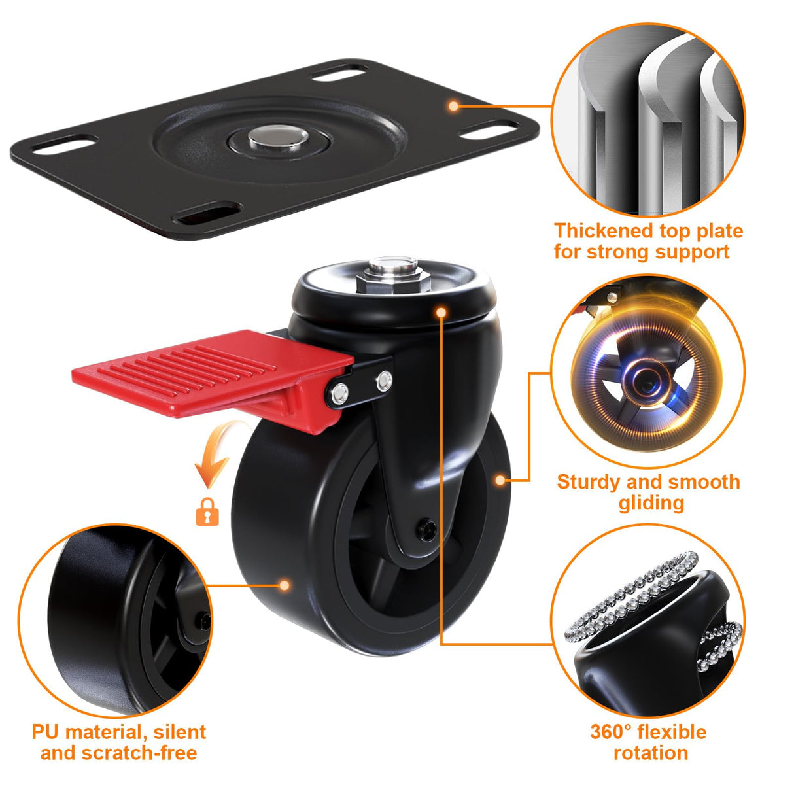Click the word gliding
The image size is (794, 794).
click(651, 503)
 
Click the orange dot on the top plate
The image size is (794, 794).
click(453, 105)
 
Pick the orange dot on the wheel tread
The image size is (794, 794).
click(284, 585)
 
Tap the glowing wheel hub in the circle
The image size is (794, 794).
click(647, 382)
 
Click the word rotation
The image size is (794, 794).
click(651, 753)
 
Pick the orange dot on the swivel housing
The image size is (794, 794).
click(441, 312)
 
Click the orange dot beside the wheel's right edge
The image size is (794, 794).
click(500, 480)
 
